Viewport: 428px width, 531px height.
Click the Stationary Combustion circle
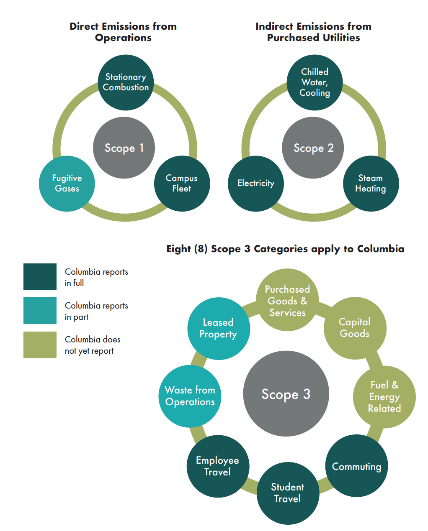[126, 82]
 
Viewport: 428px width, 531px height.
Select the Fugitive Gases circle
[67, 184]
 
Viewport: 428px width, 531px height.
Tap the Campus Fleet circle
[182, 184]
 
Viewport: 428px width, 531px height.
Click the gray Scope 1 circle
[124, 148]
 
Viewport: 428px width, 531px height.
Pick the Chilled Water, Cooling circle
[315, 82]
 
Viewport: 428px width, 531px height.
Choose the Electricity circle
[256, 184]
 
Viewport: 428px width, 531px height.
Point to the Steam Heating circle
[371, 184]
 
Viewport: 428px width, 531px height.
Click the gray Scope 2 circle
[313, 148]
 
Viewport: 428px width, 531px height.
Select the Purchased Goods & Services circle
[287, 300]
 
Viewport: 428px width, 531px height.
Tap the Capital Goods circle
[355, 328]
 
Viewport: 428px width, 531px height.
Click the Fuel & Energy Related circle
[384, 397]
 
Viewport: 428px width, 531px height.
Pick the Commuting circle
[356, 466]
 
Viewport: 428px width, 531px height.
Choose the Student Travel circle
[288, 493]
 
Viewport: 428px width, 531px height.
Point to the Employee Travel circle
[218, 466]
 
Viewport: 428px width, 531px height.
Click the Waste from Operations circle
[190, 396]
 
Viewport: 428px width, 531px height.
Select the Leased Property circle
[219, 328]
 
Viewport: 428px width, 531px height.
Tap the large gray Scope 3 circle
[286, 394]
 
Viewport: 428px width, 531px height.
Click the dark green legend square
[40, 276]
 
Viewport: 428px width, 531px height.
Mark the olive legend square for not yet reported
[40, 345]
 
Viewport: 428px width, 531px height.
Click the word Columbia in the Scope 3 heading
[380, 249]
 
